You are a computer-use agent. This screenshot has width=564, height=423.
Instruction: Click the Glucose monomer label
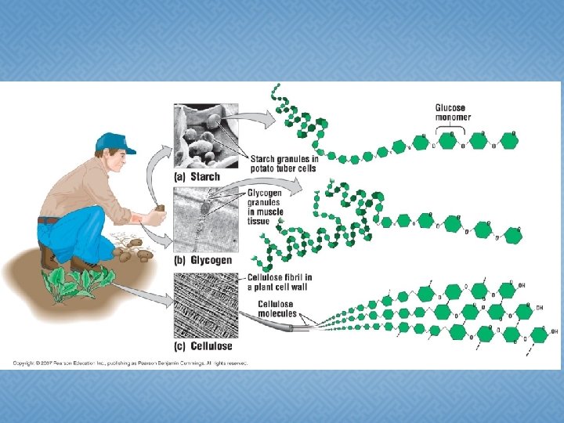451,112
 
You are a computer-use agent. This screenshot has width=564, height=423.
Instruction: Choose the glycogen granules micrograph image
206,220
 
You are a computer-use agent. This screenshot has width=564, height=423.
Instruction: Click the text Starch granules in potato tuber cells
283,163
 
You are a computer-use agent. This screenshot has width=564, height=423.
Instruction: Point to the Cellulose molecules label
277,309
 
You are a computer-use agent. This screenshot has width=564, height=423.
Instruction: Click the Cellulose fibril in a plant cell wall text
280,281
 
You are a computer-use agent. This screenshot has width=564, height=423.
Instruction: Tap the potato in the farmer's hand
159,208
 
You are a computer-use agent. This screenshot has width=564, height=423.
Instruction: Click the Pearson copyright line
129,363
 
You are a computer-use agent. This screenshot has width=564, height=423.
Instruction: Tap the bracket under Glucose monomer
451,125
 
